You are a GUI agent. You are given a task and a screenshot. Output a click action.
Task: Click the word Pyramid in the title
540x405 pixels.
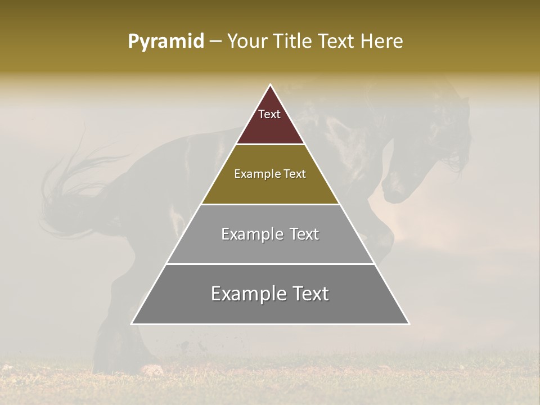pyautogui.click(x=166, y=42)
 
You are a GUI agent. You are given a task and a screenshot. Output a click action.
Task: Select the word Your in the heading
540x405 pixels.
pyautogui.click(x=247, y=42)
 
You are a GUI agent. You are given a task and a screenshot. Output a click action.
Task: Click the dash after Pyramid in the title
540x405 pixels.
pyautogui.click(x=215, y=42)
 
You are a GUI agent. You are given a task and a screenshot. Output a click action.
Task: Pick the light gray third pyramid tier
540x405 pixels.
pyautogui.click(x=270, y=247)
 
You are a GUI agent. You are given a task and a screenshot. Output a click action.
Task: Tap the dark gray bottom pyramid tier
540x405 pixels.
pyautogui.click(x=270, y=309)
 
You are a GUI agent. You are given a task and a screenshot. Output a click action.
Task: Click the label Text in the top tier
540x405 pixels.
pyautogui.click(x=269, y=115)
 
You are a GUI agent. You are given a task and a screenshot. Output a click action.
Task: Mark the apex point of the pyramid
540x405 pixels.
pyautogui.click(x=270, y=85)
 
